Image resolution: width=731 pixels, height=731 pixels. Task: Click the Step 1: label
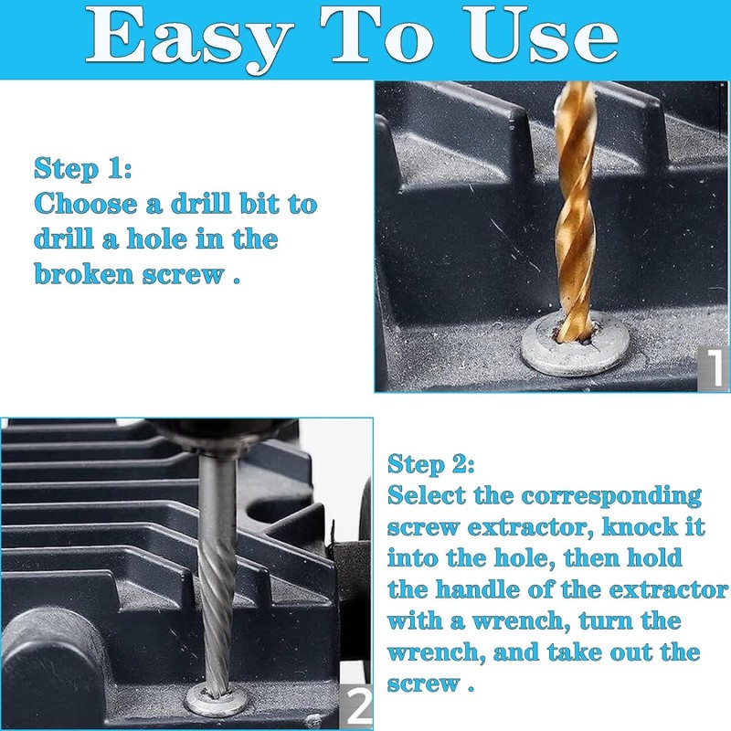pyautogui.click(x=83, y=169)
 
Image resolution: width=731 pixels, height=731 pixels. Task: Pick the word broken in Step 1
pyautogui.click(x=84, y=273)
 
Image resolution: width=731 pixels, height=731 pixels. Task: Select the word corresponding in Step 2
pyautogui.click(x=611, y=496)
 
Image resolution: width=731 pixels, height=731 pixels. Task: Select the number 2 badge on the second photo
pyautogui.click(x=357, y=705)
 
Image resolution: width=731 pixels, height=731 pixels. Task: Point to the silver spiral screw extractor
pyautogui.click(x=216, y=585)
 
